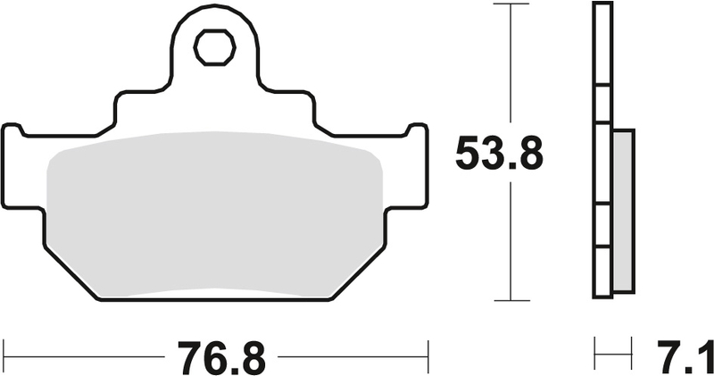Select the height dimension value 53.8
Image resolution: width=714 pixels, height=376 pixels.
(x=499, y=154)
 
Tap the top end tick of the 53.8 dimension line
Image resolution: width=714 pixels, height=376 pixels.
(x=510, y=4)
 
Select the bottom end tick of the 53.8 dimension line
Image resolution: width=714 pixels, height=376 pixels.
(x=510, y=301)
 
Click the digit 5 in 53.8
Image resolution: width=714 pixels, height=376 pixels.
(x=469, y=154)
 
